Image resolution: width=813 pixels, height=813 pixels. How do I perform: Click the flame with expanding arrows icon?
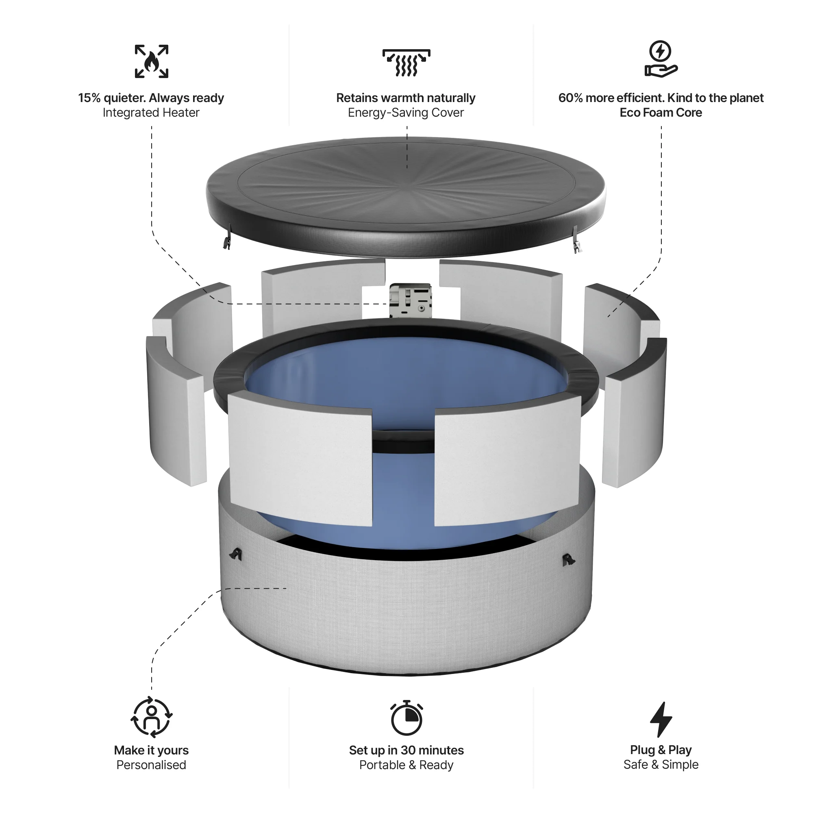(152, 61)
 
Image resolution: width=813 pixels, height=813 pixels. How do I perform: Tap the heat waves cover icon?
(406, 63)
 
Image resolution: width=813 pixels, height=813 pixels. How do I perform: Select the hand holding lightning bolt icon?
(661, 59)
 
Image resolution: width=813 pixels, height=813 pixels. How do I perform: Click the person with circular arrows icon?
(152, 717)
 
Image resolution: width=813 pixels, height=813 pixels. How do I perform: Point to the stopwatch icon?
(406, 718)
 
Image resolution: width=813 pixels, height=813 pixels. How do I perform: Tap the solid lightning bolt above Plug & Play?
(661, 719)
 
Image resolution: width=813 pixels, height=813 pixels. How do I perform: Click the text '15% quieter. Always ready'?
(151, 98)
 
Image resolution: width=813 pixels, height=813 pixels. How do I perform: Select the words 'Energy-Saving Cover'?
(406, 113)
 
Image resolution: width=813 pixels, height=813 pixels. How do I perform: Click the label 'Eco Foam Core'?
(661, 113)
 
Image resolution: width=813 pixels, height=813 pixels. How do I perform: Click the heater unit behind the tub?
(410, 300)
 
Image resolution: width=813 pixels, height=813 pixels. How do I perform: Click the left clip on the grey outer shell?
(236, 554)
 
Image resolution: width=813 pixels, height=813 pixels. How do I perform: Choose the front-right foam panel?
(507, 463)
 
